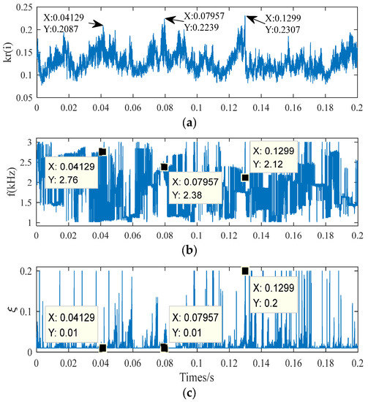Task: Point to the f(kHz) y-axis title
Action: tap(8, 183)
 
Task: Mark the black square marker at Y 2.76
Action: tap(102, 152)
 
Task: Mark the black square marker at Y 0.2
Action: tap(245, 271)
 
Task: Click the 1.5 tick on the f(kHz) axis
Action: tap(27, 202)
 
